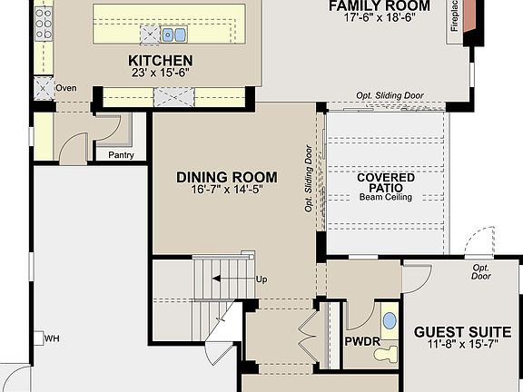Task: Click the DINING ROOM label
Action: tap(226, 177)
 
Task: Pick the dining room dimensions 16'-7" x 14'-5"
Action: tap(226, 191)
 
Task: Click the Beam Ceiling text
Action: tap(386, 197)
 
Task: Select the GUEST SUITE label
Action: tap(462, 332)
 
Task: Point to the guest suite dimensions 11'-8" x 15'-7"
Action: tap(462, 346)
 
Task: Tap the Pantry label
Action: tap(121, 155)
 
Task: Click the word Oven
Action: tap(66, 88)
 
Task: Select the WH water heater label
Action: tap(52, 338)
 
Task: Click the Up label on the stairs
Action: tap(261, 279)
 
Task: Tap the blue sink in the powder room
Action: tap(390, 320)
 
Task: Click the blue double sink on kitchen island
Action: tap(174, 34)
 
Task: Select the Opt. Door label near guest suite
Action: tap(481, 271)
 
